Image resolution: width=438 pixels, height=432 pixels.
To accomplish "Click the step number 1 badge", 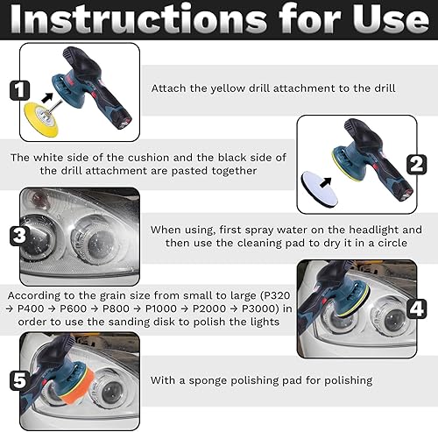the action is (19, 90).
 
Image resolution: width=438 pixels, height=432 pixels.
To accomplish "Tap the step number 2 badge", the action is (417, 165).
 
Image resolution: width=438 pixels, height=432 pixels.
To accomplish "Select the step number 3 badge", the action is (19, 236).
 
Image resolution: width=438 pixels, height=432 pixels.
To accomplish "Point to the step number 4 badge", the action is (417, 308).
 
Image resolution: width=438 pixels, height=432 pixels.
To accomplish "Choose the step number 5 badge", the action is (19, 380).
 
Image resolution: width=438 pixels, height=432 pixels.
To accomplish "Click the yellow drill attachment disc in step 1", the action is (41, 119).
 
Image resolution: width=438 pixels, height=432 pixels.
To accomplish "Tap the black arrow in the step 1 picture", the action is (47, 97).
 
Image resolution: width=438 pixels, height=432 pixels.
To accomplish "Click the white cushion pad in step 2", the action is (320, 188).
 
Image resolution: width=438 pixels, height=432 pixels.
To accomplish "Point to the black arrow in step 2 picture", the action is (326, 182).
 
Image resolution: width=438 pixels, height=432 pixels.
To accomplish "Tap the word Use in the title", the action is (391, 19).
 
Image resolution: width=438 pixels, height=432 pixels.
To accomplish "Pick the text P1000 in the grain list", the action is (161, 308).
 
